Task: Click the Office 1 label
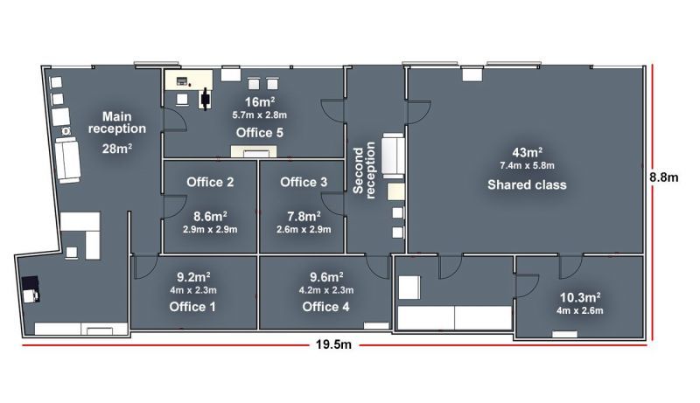pyautogui.click(x=192, y=307)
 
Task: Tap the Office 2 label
pyautogui.click(x=210, y=182)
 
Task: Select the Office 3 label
pyautogui.click(x=304, y=182)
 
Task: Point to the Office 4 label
pyautogui.click(x=325, y=307)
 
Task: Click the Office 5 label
pyautogui.click(x=259, y=132)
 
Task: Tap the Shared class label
pyautogui.click(x=527, y=184)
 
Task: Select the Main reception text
pyautogui.click(x=117, y=122)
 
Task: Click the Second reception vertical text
pyautogui.click(x=364, y=170)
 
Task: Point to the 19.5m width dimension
pyautogui.click(x=333, y=344)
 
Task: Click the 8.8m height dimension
pyautogui.click(x=664, y=177)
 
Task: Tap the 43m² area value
pyautogui.click(x=528, y=152)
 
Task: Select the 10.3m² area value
pyautogui.click(x=580, y=297)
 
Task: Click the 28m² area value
pyautogui.click(x=117, y=149)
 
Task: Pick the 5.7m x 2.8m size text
pyautogui.click(x=259, y=115)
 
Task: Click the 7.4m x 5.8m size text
pyautogui.click(x=528, y=165)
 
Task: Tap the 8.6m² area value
pyautogui.click(x=210, y=217)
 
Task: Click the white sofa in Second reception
pyautogui.click(x=393, y=155)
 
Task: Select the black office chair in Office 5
pyautogui.click(x=206, y=99)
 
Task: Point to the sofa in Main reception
pyautogui.click(x=68, y=160)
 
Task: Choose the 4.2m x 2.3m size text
pyautogui.click(x=326, y=290)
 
